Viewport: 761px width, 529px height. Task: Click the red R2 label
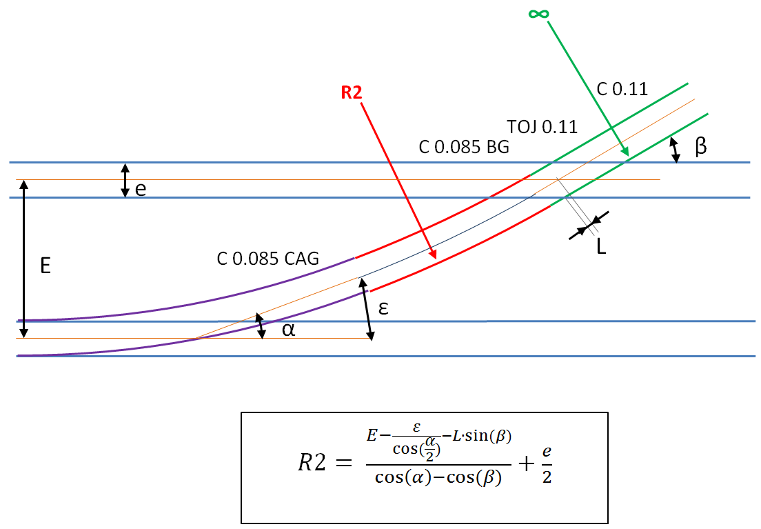pos(352,92)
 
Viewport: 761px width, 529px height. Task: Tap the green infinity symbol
pos(540,13)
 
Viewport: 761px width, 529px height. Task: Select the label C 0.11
pos(622,88)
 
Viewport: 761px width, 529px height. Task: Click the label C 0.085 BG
pos(464,147)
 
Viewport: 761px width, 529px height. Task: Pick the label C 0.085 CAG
pos(268,259)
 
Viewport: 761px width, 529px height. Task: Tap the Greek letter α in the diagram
pos(289,330)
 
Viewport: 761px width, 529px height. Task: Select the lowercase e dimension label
pos(141,189)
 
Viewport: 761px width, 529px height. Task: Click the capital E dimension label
pos(45,266)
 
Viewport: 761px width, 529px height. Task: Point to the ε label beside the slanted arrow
pos(383,308)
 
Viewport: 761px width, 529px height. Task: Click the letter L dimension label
pos(601,247)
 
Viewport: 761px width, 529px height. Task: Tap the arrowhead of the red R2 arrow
pos(434,256)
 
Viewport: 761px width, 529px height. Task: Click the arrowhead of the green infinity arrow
pos(625,152)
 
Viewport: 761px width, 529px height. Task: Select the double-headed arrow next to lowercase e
pos(125,180)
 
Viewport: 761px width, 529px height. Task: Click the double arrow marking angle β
pos(676,149)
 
